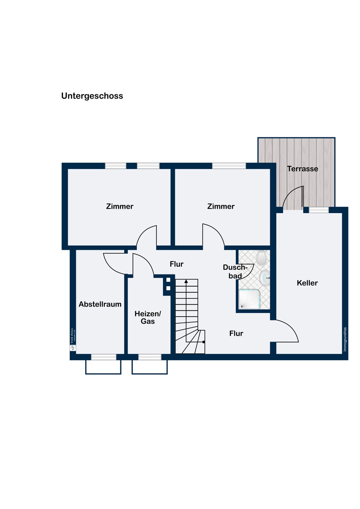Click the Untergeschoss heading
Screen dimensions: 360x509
92,96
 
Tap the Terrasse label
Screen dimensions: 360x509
302,169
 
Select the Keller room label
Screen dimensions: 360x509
307,283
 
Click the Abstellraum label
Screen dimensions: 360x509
100,304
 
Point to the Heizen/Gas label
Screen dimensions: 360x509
148,317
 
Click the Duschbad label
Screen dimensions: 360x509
235,271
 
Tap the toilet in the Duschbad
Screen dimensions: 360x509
262,258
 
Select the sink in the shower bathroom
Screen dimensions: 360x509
265,278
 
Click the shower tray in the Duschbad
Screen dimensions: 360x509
250,299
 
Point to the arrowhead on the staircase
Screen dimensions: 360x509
186,281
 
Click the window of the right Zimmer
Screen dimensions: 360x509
229,166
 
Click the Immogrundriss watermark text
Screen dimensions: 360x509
345,339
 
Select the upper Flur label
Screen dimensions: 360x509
177,264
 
